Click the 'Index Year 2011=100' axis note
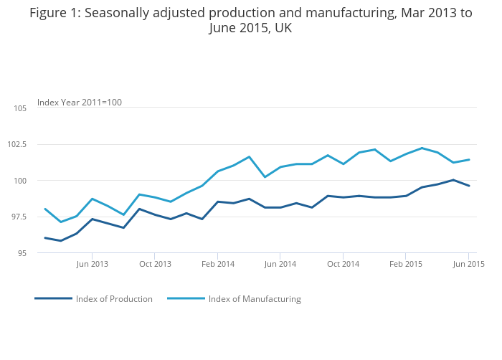pyautogui.click(x=80, y=103)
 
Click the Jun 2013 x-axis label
pyautogui.click(x=92, y=265)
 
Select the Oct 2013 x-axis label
pyautogui.click(x=155, y=265)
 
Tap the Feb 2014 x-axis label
pyautogui.click(x=218, y=265)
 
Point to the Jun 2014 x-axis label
pyautogui.click(x=280, y=265)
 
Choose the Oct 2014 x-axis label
pyautogui.click(x=344, y=265)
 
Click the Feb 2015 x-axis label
pyautogui.click(x=406, y=265)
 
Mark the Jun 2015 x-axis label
pyautogui.click(x=469, y=265)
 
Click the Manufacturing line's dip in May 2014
pyautogui.click(x=265, y=177)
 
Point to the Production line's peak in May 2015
pyautogui.click(x=453, y=180)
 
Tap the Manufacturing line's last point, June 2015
pyautogui.click(x=469, y=160)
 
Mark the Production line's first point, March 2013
pyautogui.click(x=45, y=238)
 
